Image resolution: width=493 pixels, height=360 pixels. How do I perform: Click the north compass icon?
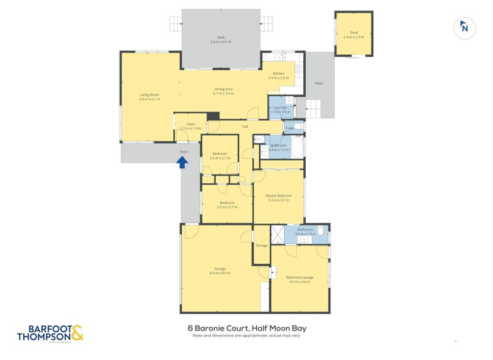tap(465, 27)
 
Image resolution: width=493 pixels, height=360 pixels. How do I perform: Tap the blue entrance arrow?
tap(182, 162)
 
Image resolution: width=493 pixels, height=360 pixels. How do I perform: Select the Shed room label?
tap(354, 35)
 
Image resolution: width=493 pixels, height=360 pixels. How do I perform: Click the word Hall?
tap(245, 126)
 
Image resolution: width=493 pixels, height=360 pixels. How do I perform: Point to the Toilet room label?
tap(290, 128)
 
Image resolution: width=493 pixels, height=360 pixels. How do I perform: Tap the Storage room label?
tap(262, 245)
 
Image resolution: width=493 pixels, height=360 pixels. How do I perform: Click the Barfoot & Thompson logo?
tap(50, 333)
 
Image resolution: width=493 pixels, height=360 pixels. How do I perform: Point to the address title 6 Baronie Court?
tap(246, 329)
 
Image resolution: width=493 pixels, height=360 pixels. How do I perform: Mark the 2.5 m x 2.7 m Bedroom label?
tap(221, 155)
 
